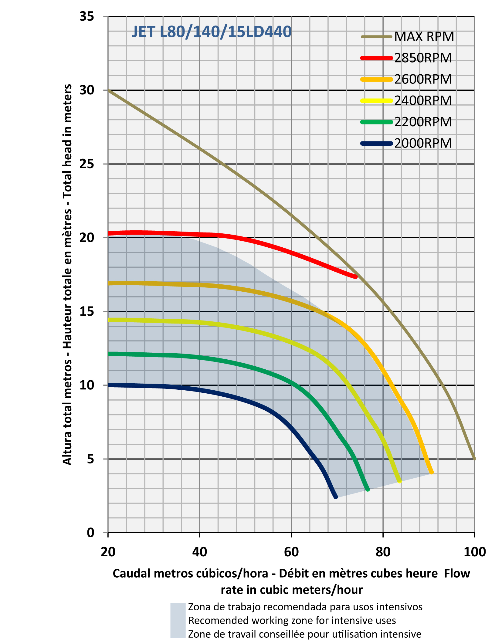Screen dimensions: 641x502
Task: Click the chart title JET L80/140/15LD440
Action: click(212, 32)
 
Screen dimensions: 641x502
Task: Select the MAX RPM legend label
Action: click(424, 37)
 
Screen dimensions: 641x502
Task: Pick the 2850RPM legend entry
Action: click(423, 58)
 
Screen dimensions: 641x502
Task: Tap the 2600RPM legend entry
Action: click(423, 79)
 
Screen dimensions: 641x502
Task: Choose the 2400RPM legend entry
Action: click(423, 100)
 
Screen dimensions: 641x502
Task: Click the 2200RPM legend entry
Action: click(423, 122)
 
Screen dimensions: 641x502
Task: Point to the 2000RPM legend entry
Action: click(423, 143)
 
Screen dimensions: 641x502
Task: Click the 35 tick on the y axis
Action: click(87, 16)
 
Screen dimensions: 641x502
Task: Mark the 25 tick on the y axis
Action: click(87, 164)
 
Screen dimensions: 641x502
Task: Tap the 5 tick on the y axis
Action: click(91, 459)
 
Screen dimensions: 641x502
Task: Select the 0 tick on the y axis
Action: click(91, 533)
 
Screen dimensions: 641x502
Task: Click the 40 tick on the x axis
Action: click(200, 552)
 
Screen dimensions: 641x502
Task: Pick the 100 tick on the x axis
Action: click(475, 552)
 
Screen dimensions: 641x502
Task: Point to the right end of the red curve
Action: click(356, 276)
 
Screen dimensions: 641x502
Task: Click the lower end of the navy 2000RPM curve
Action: click(336, 497)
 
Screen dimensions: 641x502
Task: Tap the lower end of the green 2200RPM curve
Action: click(368, 489)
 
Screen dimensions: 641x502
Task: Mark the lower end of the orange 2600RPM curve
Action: click(432, 472)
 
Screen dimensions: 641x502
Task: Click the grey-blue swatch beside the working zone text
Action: click(178, 620)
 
